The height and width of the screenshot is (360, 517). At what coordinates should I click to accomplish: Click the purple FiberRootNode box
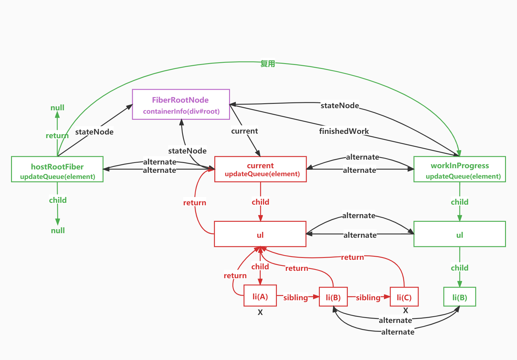[x=181, y=104]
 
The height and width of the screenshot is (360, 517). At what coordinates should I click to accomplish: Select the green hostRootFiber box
[x=57, y=169]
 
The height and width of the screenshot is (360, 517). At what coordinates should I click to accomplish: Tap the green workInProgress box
[x=460, y=169]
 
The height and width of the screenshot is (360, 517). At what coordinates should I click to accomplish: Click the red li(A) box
[x=260, y=296]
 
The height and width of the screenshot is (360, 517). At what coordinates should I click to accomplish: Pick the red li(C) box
[x=404, y=297]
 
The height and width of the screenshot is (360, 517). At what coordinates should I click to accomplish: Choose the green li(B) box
[x=460, y=297]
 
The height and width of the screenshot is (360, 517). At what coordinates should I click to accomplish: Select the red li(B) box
[x=333, y=297]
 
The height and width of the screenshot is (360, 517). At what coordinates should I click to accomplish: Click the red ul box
[x=260, y=234]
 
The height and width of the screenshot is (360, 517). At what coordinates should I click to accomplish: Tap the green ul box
[x=460, y=234]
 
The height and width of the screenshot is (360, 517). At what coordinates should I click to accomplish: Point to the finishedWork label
[x=344, y=131]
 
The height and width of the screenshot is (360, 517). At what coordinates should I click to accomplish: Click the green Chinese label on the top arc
[x=268, y=63]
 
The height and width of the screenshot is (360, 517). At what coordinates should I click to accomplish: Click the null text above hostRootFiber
[x=57, y=108]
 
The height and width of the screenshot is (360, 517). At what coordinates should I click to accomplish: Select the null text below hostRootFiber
[x=58, y=230]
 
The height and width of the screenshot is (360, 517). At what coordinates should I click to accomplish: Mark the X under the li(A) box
[x=260, y=312]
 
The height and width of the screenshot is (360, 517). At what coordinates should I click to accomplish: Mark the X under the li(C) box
[x=405, y=311]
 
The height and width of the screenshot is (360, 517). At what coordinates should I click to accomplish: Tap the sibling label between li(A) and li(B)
[x=296, y=297]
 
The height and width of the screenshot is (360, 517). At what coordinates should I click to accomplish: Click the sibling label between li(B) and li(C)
[x=368, y=297]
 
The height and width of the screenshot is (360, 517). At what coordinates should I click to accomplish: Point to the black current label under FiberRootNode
[x=244, y=131]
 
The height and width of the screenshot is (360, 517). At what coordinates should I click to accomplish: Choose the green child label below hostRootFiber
[x=58, y=200]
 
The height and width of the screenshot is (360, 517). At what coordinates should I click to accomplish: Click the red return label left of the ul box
[x=194, y=203]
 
